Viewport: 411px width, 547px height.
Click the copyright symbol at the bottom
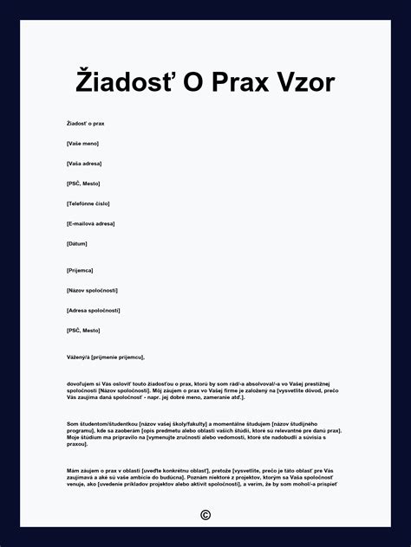coord(205,515)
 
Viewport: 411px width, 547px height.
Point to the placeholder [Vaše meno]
coord(82,144)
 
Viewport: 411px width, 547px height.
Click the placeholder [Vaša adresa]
coord(84,164)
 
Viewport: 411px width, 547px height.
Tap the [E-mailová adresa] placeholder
coord(91,223)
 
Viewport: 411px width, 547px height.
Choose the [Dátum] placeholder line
coord(77,243)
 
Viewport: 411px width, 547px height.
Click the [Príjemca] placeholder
coord(80,270)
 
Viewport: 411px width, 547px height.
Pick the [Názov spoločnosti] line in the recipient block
coord(92,290)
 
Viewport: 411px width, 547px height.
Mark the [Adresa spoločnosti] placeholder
coord(93,310)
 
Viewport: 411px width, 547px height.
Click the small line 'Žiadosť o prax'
coord(85,124)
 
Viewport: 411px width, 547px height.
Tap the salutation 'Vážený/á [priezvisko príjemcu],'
coord(105,357)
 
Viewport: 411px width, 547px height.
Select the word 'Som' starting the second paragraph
coord(72,423)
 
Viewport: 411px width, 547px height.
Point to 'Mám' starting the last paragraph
coord(73,470)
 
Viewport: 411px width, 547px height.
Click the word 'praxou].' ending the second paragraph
coord(77,444)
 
